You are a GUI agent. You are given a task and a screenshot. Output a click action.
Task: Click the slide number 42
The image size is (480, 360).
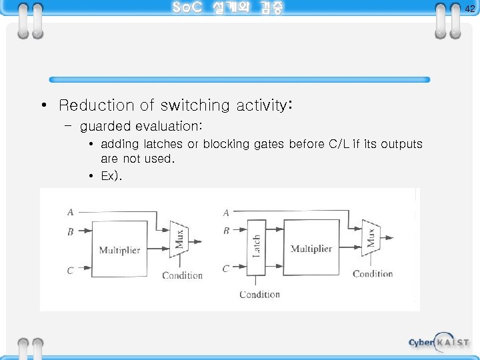[469, 9]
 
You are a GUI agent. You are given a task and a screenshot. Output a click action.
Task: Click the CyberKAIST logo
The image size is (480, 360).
[439, 342]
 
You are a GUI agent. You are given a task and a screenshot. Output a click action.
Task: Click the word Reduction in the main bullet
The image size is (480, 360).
[97, 105]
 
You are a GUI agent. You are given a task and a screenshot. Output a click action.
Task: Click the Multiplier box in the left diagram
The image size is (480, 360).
[119, 250]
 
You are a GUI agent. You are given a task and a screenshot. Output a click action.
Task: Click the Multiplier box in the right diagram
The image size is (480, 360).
[311, 248]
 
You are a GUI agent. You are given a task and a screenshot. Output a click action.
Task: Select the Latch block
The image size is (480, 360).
[256, 247]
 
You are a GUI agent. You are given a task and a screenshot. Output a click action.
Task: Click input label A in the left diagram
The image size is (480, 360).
[70, 213]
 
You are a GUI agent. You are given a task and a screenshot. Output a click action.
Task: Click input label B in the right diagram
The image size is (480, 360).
[226, 231]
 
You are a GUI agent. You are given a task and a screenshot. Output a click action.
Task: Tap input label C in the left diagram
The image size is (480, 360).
[70, 270]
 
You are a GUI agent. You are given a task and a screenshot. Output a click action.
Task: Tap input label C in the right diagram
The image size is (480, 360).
[226, 268]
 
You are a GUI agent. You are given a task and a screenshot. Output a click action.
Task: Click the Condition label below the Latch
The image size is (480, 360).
[259, 294]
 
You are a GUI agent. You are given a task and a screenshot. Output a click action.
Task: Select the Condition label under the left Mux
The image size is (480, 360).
[182, 275]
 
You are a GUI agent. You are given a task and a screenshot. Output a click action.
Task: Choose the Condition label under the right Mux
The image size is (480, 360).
[373, 273]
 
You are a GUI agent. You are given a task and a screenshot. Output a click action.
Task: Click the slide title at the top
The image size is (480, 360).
[227, 8]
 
